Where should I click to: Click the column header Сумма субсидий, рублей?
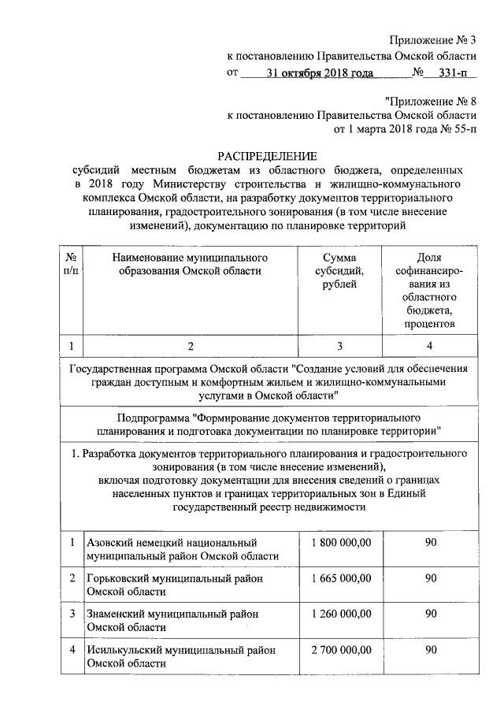[x=339, y=270]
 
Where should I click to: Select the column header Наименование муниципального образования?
[x=190, y=264]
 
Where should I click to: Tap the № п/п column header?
[x=71, y=264]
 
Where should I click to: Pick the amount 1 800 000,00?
[x=339, y=543]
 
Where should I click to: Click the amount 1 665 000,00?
[x=339, y=578]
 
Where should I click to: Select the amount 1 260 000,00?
[x=339, y=614]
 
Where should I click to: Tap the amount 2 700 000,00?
[x=339, y=649]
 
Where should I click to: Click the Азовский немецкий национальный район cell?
[x=183, y=550]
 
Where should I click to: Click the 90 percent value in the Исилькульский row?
[x=431, y=649]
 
